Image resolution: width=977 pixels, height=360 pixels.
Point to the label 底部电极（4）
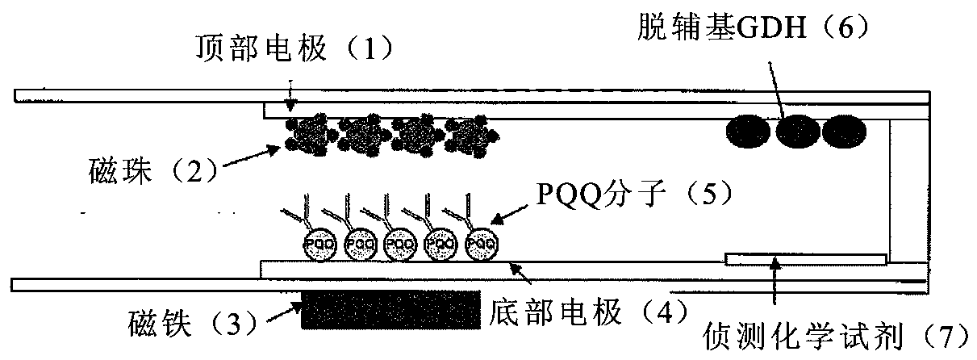pos(587,309)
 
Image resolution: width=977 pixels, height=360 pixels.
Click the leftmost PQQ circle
pos(315,243)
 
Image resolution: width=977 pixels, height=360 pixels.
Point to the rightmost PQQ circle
pos(482,243)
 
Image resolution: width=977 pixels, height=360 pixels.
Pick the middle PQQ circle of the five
pos(399,243)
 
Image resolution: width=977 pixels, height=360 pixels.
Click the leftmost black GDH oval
pos(748,130)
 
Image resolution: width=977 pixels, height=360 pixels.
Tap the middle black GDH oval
pos(795,130)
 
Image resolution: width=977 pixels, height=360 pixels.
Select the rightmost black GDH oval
pos(843,130)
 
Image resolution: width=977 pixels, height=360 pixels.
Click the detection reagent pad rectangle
pos(805,259)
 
